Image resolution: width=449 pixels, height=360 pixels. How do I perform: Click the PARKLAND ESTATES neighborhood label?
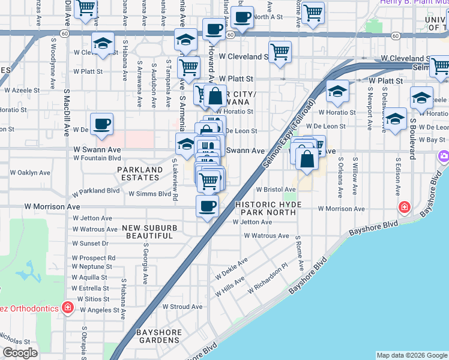(x=140, y=174)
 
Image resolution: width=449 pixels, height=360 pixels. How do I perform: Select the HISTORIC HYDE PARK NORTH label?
(x=268, y=209)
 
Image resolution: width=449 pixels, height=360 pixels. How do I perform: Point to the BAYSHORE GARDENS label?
(x=158, y=336)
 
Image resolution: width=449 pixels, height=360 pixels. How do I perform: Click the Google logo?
(x=20, y=353)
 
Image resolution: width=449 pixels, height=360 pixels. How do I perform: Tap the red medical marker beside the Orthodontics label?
(x=68, y=308)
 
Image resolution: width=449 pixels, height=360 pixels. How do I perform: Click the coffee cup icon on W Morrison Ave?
(x=208, y=206)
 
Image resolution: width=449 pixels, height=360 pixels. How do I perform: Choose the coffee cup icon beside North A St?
(x=243, y=17)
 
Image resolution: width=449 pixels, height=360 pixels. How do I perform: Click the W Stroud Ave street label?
(x=182, y=307)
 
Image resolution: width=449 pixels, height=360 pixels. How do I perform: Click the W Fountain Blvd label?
(x=97, y=158)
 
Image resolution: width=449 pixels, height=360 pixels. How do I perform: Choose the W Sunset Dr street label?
(x=89, y=244)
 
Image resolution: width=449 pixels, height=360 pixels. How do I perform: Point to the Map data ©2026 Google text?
(x=411, y=355)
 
